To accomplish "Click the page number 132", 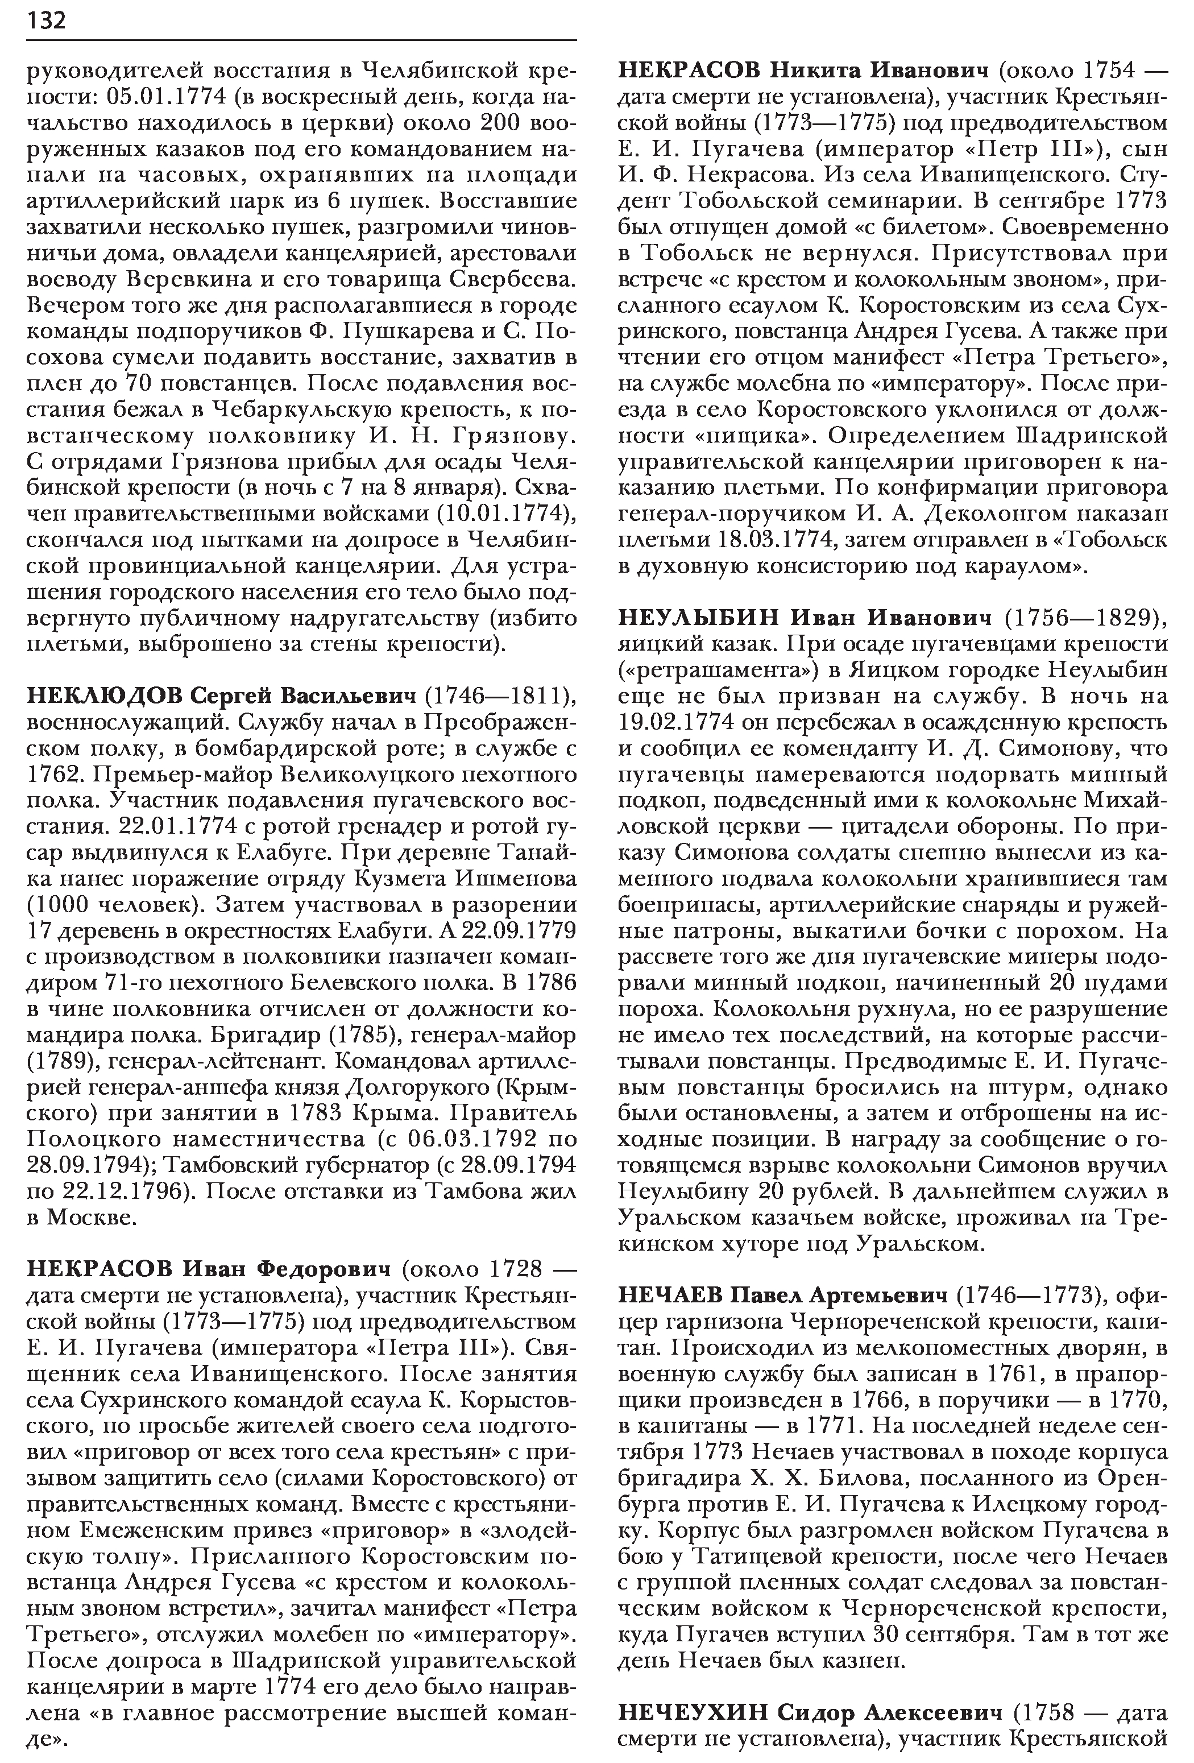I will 47,20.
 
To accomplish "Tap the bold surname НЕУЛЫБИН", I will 700,618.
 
